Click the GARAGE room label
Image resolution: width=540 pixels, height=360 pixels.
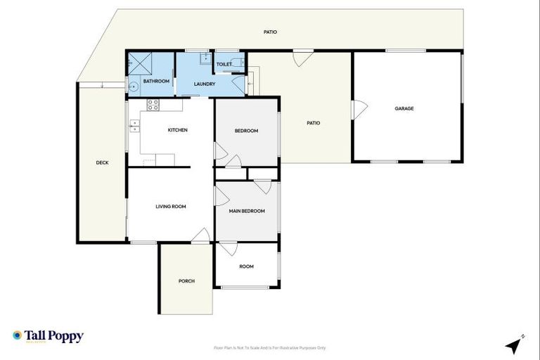click(x=404, y=108)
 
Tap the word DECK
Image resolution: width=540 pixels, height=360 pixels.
click(x=102, y=162)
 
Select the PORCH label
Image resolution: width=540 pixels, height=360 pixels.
click(x=186, y=281)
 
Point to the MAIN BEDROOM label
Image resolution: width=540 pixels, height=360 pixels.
click(x=247, y=210)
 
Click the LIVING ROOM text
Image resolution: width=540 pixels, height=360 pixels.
click(x=170, y=206)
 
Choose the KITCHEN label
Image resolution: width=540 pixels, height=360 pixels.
click(x=177, y=129)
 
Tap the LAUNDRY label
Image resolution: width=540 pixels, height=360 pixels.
click(x=205, y=84)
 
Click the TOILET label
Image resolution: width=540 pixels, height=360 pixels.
click(x=224, y=64)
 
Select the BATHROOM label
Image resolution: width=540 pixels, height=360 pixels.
click(x=156, y=81)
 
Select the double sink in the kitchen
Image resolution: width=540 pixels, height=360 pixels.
click(x=134, y=126)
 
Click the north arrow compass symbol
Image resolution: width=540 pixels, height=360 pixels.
click(x=514, y=345)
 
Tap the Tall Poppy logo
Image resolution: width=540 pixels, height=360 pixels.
click(x=48, y=336)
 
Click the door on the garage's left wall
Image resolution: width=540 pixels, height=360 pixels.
click(x=359, y=109)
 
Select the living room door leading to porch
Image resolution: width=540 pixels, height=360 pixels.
click(x=200, y=236)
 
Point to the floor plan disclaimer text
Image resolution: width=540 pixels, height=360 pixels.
click(x=269, y=347)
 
